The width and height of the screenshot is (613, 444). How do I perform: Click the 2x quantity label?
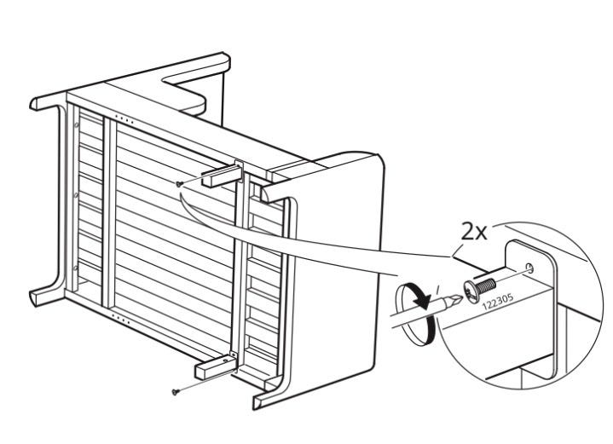click(474, 232)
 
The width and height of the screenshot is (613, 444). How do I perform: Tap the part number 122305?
click(497, 302)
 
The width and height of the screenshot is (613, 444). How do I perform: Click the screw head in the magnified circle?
click(471, 291)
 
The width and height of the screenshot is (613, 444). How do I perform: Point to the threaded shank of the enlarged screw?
click(487, 286)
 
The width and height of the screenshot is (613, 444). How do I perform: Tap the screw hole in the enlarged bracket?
click(529, 268)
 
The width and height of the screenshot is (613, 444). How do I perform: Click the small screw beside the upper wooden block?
click(179, 183)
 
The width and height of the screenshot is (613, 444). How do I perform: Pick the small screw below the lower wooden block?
click(175, 392)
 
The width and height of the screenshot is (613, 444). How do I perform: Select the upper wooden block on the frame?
click(222, 176)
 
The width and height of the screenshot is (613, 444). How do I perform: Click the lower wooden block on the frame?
click(216, 366)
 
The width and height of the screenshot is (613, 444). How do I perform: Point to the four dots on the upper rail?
click(124, 119)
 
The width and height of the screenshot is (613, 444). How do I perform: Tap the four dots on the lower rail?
click(120, 319)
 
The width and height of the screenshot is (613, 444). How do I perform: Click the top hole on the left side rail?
click(77, 125)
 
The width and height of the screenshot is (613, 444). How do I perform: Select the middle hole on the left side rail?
click(76, 194)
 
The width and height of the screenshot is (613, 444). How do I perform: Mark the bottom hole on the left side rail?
click(75, 268)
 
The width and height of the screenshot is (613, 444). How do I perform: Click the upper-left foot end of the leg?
click(33, 104)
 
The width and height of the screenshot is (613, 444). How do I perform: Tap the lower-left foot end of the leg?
click(33, 297)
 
